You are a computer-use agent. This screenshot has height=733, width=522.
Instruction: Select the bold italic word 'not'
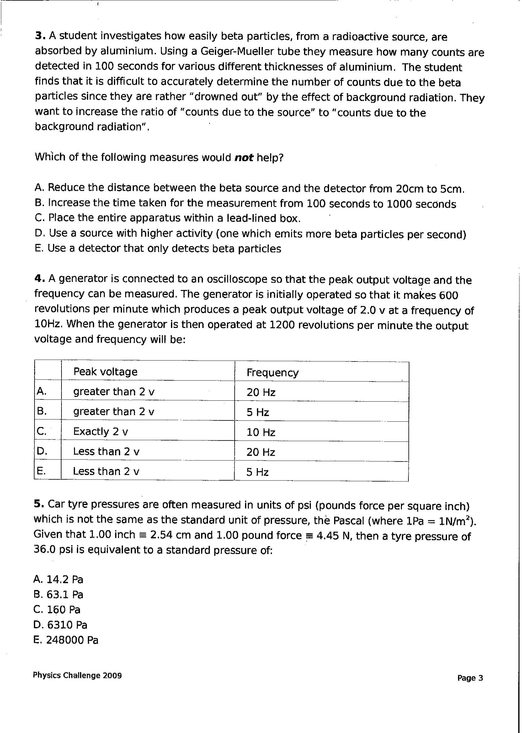click(244, 158)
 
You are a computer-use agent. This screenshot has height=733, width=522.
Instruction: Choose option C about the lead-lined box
click(168, 218)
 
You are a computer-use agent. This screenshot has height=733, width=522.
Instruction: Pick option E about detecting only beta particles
click(158, 249)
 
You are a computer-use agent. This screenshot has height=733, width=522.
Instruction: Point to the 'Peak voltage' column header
click(105, 372)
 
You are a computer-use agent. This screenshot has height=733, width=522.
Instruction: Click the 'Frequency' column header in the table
click(273, 372)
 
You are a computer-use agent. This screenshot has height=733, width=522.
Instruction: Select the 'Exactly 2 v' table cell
click(100, 431)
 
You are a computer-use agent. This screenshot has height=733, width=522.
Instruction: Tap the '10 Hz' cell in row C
click(261, 432)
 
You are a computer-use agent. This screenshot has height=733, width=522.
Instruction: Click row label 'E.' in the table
click(41, 471)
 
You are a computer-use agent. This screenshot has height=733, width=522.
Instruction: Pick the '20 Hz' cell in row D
click(261, 452)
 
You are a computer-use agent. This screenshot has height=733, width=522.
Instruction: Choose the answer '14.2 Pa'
click(58, 579)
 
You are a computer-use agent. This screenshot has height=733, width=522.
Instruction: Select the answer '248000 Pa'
click(66, 640)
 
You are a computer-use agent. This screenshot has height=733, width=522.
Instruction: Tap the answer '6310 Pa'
click(61, 625)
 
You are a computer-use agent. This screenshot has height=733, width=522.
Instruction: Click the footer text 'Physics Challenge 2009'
click(77, 676)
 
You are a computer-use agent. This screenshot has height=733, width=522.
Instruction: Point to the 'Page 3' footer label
click(470, 678)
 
